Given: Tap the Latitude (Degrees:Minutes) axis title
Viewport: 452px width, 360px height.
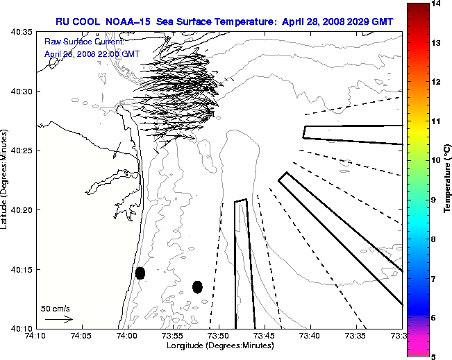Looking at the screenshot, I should point(6,180).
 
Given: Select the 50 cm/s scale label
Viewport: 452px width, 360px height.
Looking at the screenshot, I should point(56,308).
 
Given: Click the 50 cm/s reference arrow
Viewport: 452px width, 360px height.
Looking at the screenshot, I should point(58,319).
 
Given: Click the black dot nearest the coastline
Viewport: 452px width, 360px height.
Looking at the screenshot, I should point(140,273).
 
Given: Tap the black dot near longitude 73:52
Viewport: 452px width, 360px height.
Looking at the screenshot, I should point(197,286).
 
